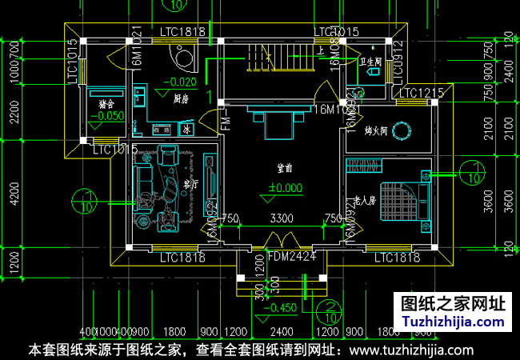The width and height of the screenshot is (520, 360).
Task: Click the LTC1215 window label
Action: pos(421,94)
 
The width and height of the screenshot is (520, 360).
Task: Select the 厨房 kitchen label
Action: pos(182,99)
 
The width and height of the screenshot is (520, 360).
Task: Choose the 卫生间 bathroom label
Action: pos(371,59)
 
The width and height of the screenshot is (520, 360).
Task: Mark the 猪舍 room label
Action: pos(106,103)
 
